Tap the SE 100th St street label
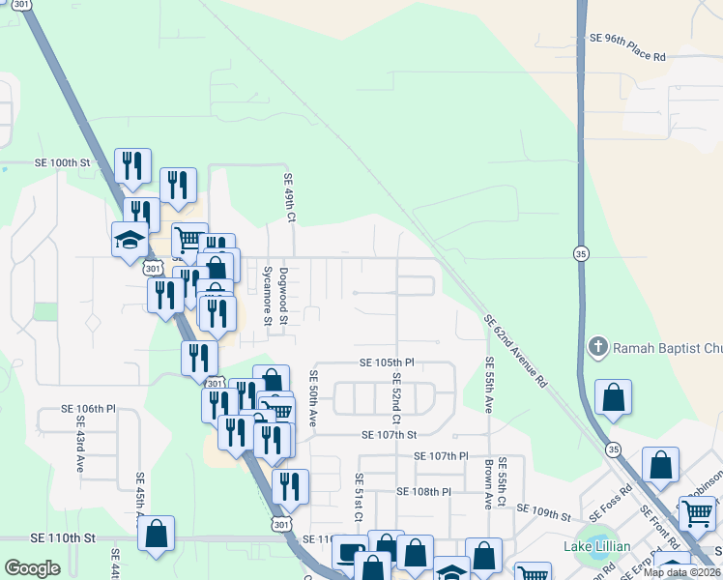pyautogui.click(x=62, y=163)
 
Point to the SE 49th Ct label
pyautogui.click(x=288, y=198)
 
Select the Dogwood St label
pyautogui.click(x=283, y=296)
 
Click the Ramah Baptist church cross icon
pyautogui.click(x=598, y=347)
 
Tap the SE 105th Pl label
pyautogui.click(x=387, y=362)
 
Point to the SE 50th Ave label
pyautogui.click(x=312, y=397)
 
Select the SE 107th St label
pyautogui.click(x=389, y=435)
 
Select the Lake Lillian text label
pyautogui.click(x=597, y=547)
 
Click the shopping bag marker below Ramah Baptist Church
pyautogui.click(x=613, y=397)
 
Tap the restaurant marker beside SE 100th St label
pyautogui.click(x=131, y=166)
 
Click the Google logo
pyautogui.click(x=32, y=568)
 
